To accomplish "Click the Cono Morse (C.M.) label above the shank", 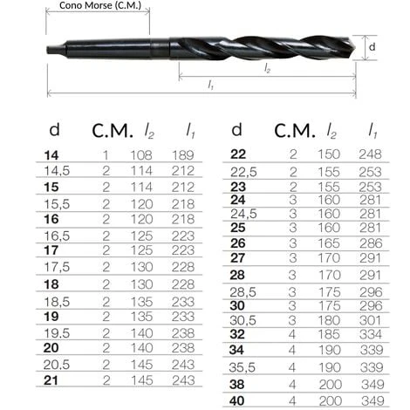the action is [100, 5].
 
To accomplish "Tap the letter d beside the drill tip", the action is [372, 46].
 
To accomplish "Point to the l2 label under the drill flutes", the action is [268, 68].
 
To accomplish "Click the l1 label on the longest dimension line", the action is [211, 85].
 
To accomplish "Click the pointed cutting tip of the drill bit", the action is [355, 48].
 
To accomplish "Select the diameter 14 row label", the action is [51, 155].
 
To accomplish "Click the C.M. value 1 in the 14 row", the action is [106, 155].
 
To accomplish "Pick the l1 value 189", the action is [183, 155].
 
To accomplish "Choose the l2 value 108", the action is [141, 155].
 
